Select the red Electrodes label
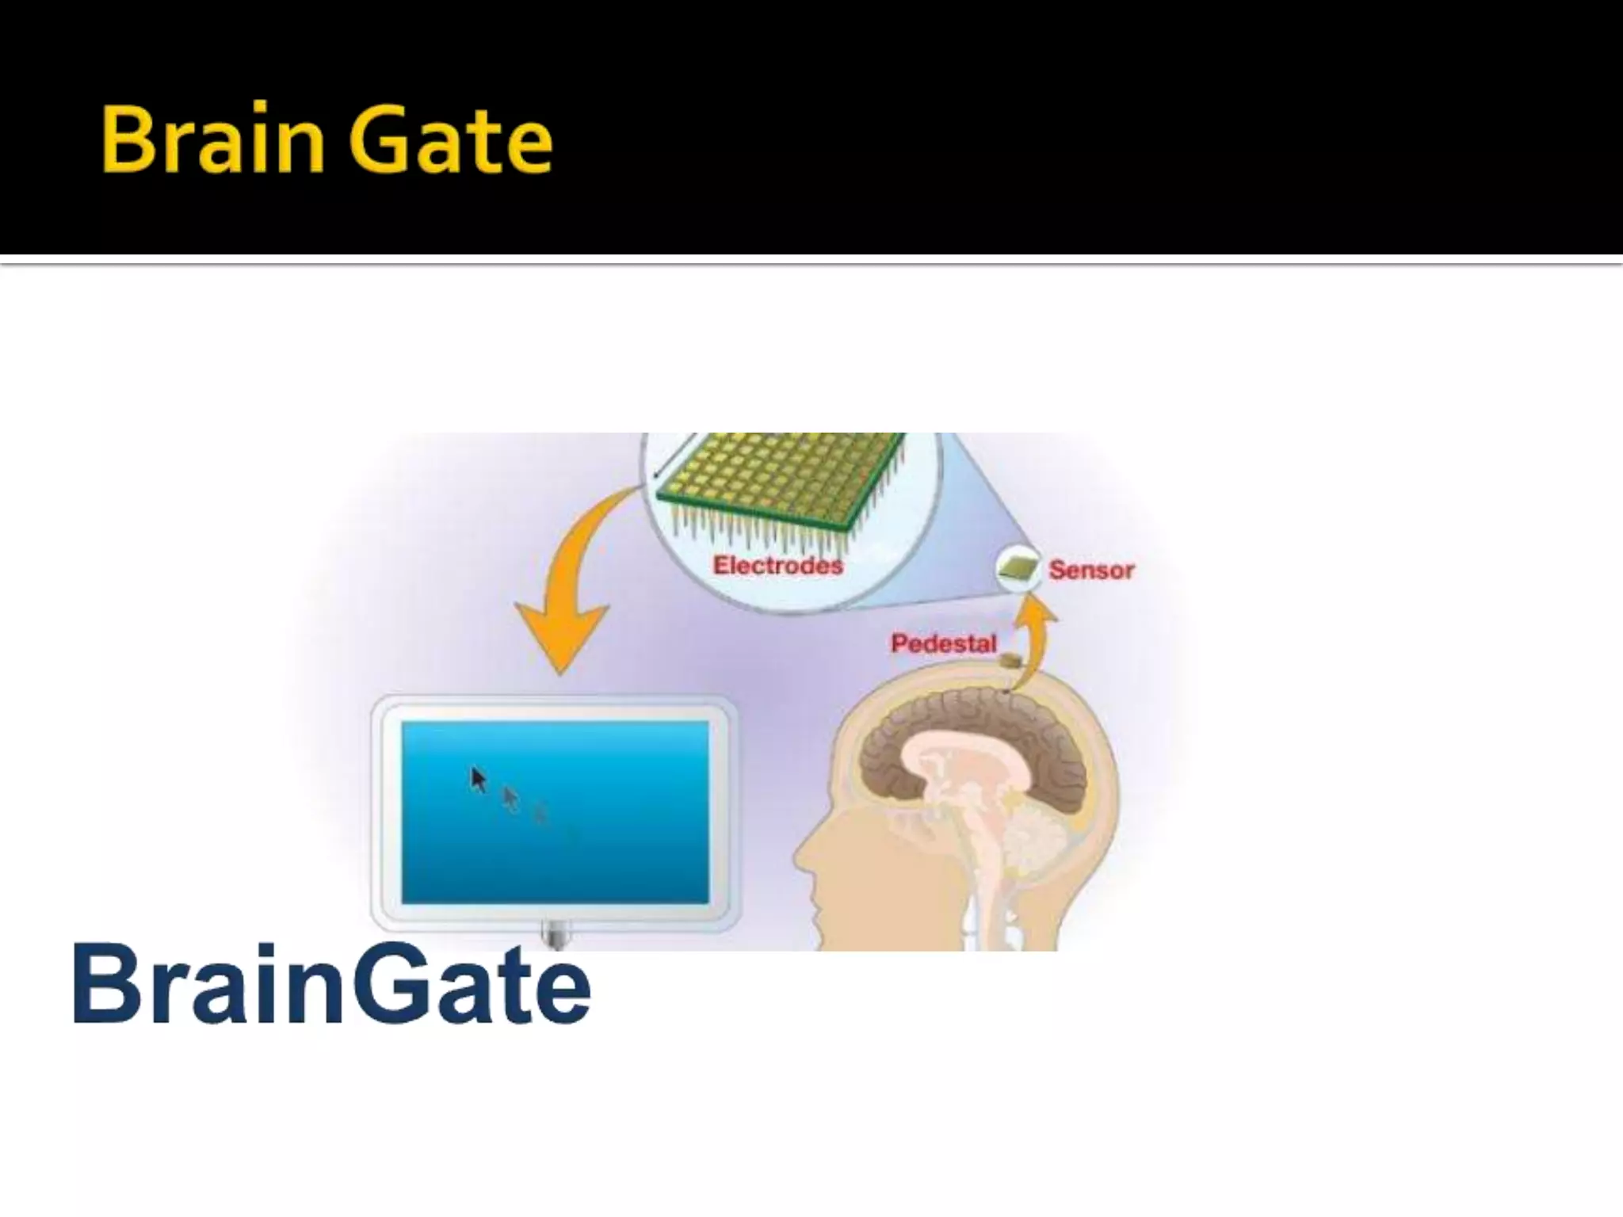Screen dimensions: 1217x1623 [777, 566]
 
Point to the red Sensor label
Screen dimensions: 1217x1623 [1091, 570]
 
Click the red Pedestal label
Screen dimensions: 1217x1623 [943, 643]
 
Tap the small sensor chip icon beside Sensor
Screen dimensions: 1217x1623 [1018, 568]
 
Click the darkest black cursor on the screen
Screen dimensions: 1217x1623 [478, 780]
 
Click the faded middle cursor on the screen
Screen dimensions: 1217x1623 [511, 799]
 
